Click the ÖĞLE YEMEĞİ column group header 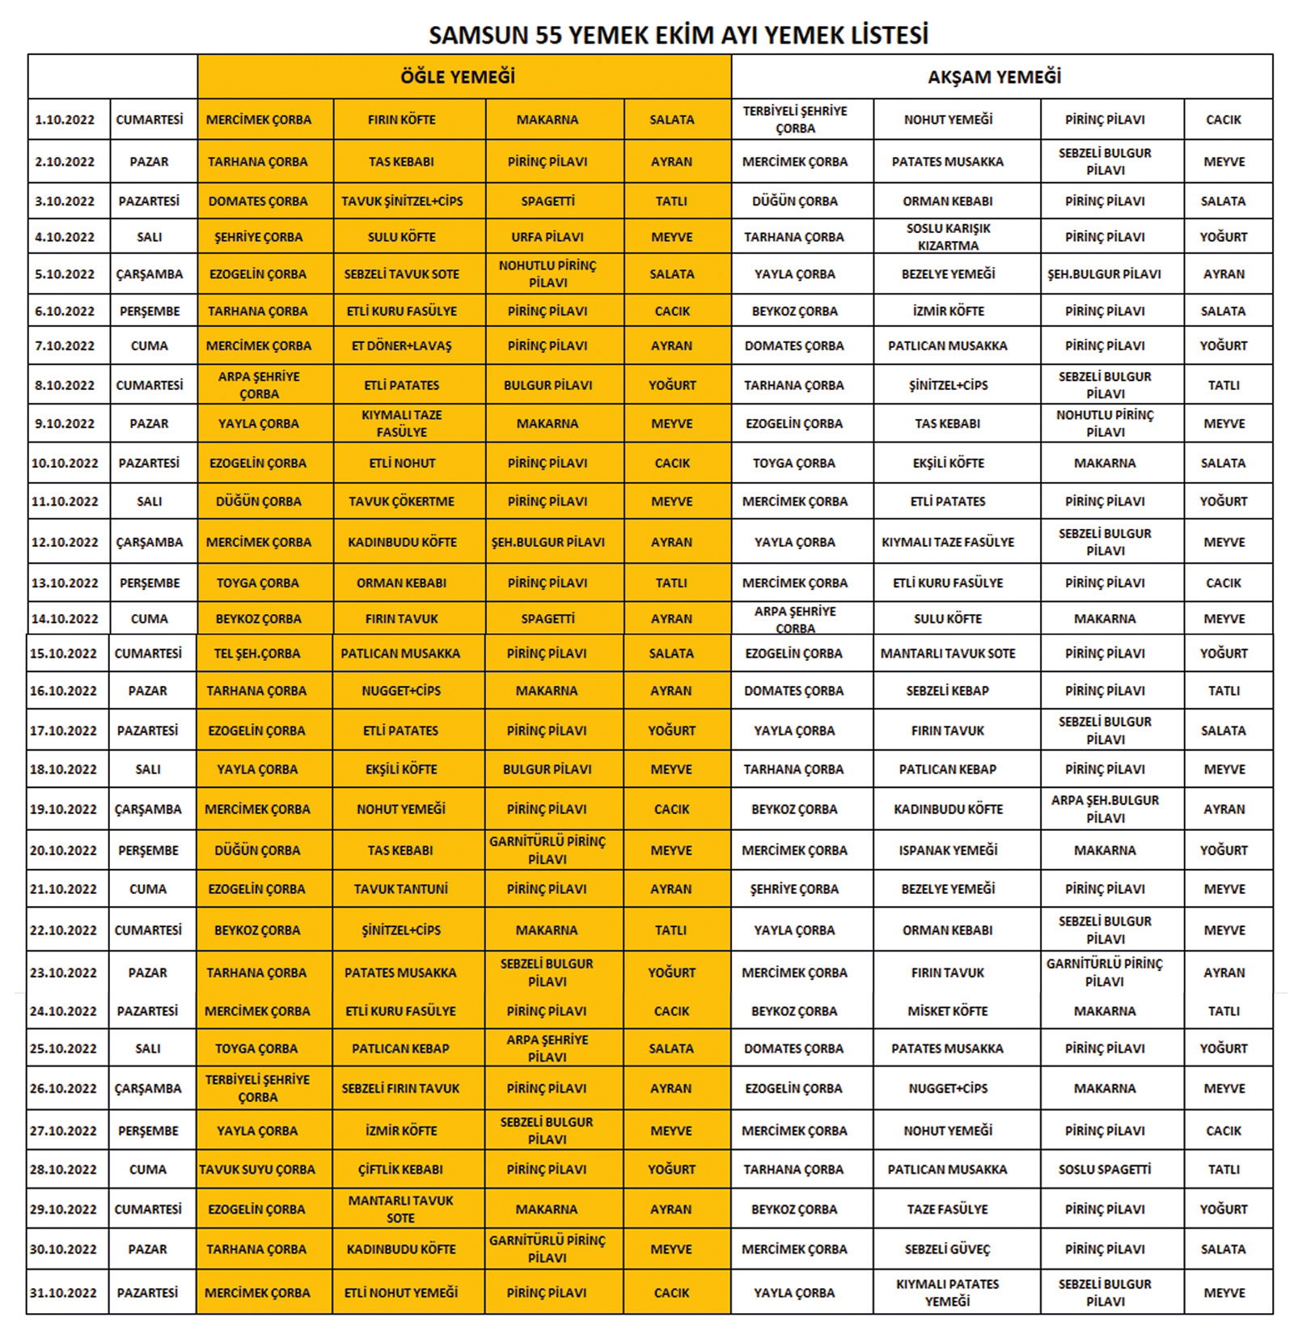point(458,77)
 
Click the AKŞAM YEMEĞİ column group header point(994,77)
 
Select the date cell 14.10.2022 point(65,619)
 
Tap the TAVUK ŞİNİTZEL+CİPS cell point(402,201)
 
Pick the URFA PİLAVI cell point(548,237)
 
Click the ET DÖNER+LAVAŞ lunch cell point(402,346)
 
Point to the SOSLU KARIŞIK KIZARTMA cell point(948,237)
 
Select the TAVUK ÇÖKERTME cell point(402,502)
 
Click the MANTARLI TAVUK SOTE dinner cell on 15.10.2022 point(948,654)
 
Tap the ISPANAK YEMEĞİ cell point(948,850)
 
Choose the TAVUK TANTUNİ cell point(401,889)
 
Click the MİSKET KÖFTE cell point(948,1011)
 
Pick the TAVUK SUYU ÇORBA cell point(257,1170)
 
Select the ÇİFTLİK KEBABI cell point(401,1170)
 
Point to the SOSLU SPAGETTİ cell point(1105,1170)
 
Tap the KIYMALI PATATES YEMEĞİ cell point(948,1293)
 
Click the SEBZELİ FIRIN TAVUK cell point(401,1089)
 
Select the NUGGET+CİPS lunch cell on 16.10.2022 point(402,691)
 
